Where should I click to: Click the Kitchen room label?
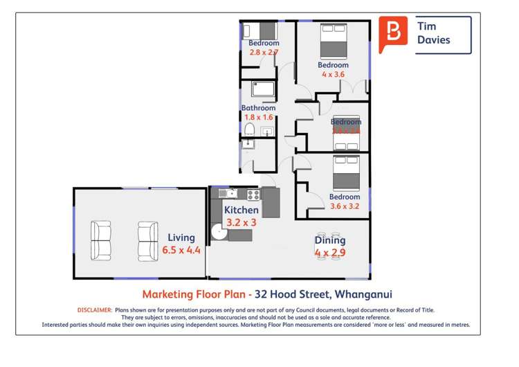pos(242,210)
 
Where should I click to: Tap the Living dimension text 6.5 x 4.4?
pos(181,250)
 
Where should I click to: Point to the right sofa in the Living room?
pos(147,240)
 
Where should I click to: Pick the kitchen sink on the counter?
pos(230,193)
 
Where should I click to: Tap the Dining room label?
pos(330,240)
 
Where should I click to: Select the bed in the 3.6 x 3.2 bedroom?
pos(345,172)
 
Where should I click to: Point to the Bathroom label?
pos(258,107)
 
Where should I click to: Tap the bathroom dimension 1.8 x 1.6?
pos(258,117)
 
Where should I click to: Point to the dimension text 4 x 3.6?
pos(333,74)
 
